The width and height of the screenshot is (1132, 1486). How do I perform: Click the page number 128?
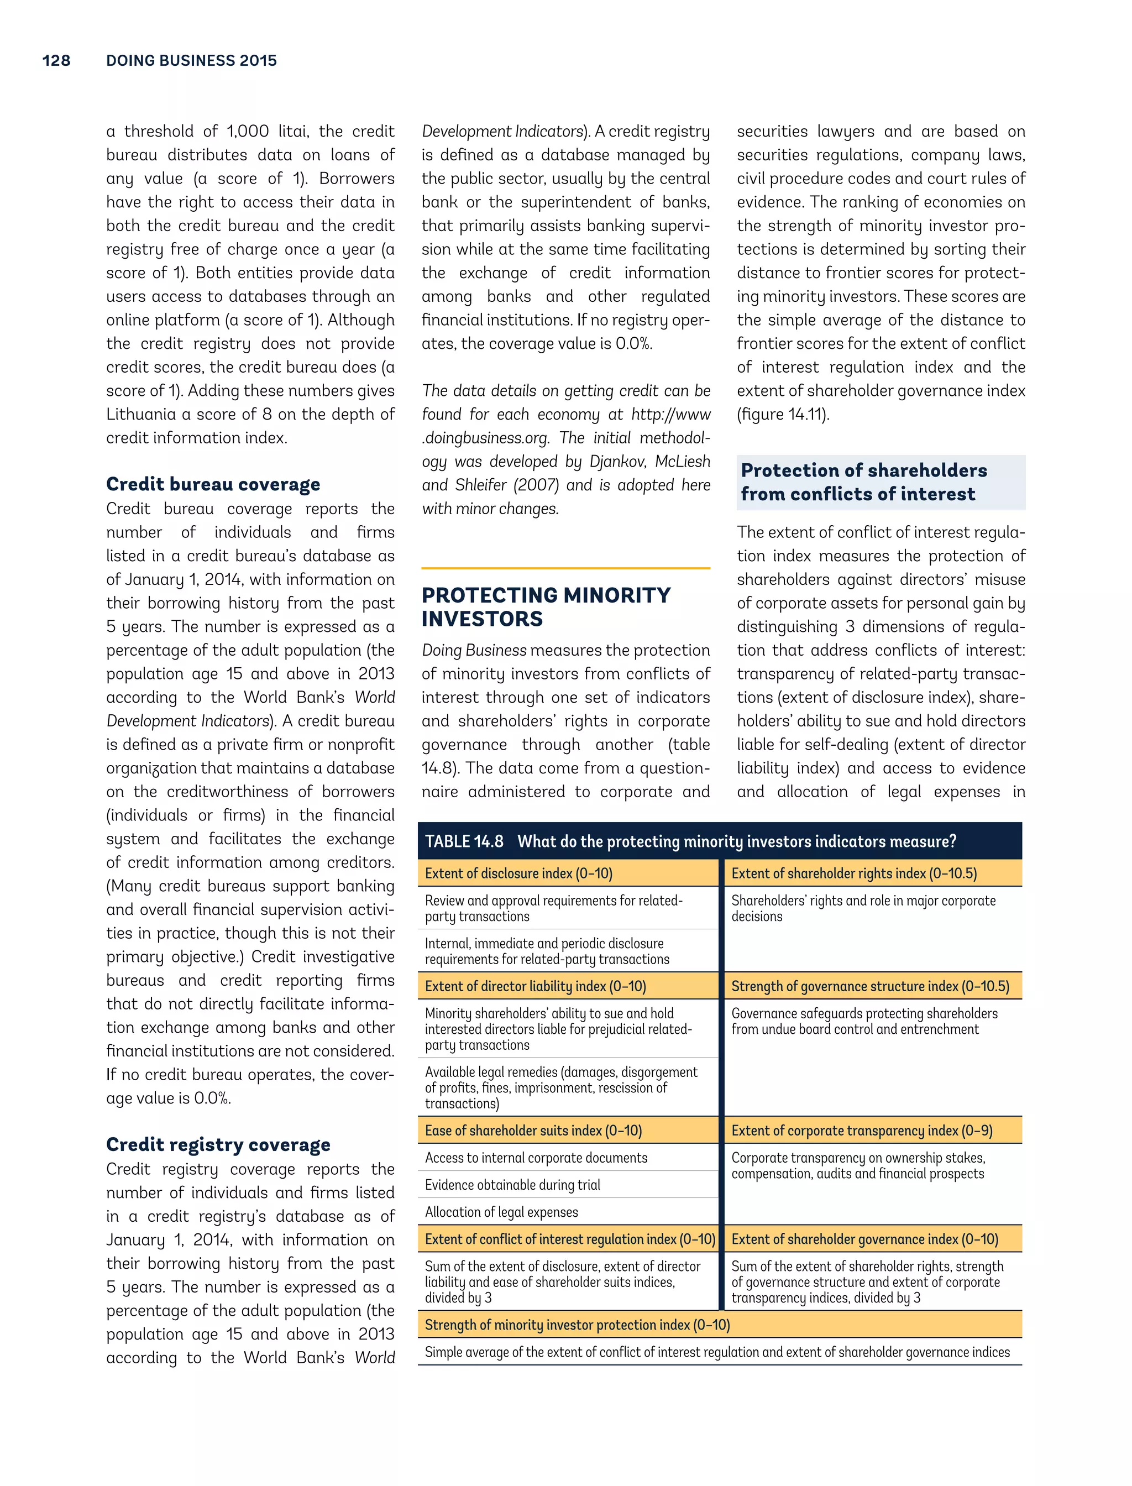tap(56, 61)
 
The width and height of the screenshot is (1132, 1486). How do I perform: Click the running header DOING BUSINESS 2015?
tap(191, 61)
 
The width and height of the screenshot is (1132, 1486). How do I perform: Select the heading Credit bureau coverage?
tap(213, 484)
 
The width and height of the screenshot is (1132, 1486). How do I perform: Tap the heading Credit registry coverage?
tap(218, 1144)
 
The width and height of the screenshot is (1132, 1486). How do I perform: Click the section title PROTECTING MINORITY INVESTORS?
tap(546, 606)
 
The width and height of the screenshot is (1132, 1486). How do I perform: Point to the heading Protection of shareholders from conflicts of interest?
tap(864, 482)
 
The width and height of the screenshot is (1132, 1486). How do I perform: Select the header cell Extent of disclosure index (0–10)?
tap(519, 873)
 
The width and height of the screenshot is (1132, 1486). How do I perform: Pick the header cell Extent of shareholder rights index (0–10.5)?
tap(854, 873)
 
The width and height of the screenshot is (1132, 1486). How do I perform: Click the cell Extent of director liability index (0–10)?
tap(536, 986)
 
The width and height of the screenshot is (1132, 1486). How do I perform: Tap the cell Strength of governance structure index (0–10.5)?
tap(870, 986)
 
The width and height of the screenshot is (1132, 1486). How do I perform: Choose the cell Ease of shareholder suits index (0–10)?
tap(533, 1130)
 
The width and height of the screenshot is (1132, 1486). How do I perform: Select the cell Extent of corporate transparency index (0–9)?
tap(862, 1130)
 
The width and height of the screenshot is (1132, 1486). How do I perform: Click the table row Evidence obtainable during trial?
tap(513, 1185)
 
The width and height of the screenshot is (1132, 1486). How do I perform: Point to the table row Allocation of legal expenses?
tap(502, 1212)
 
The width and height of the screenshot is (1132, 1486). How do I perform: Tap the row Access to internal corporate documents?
tap(536, 1158)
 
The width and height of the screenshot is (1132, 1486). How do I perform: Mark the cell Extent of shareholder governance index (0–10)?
tap(864, 1239)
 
